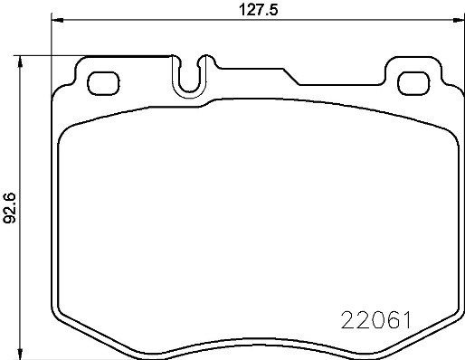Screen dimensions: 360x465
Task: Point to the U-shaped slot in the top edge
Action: click(x=191, y=76)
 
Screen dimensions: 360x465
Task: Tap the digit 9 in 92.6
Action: click(x=11, y=220)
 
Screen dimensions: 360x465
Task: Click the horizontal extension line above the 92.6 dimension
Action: click(x=90, y=55)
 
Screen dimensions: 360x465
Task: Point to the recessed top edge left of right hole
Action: click(x=339, y=84)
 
